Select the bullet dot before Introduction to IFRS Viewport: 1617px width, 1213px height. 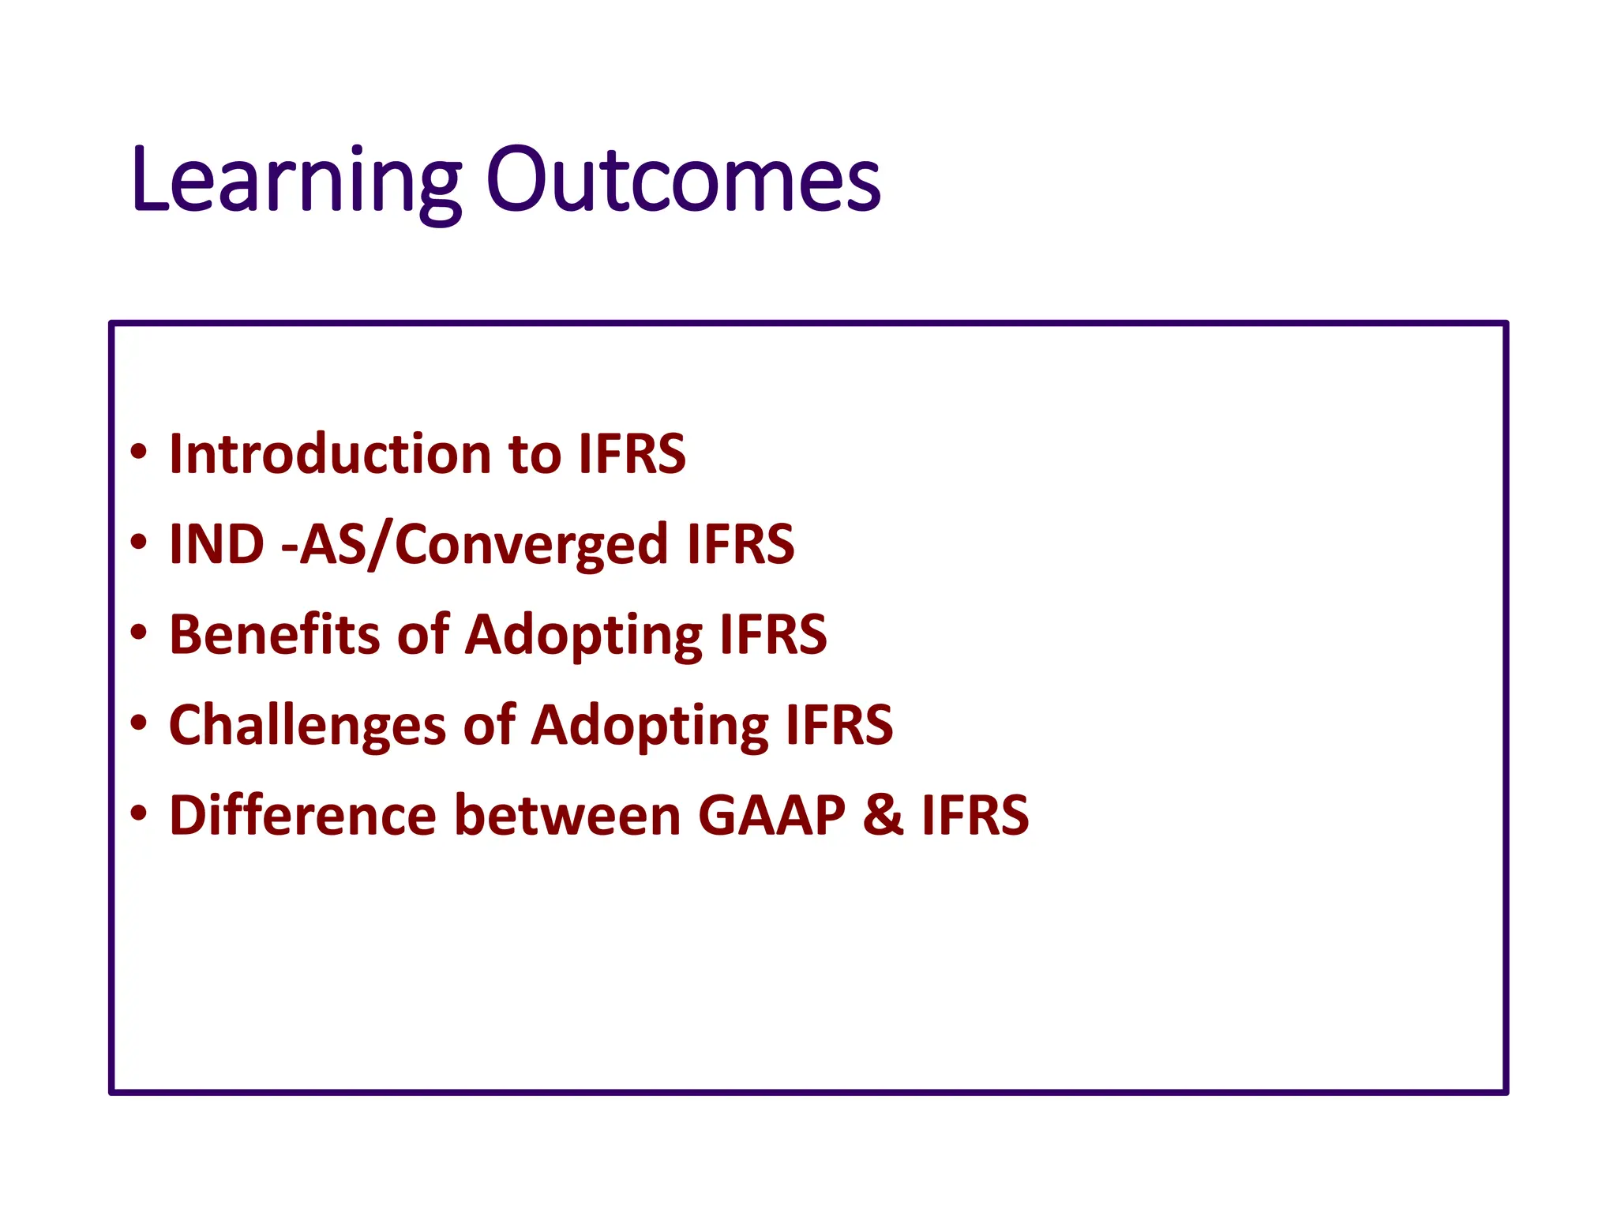[139, 453]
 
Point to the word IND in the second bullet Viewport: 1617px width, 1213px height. [216, 544]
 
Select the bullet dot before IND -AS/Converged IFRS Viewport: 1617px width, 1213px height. [139, 543]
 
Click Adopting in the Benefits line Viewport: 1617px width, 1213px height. [583, 637]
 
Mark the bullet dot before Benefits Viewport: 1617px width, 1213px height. [139, 633]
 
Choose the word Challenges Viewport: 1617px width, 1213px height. [307, 725]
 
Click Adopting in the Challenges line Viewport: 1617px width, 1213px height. [649, 727]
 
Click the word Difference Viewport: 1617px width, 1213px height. [302, 815]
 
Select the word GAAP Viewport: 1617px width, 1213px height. [771, 815]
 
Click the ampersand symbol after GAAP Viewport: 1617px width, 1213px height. [883, 815]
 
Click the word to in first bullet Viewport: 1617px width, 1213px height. [535, 456]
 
